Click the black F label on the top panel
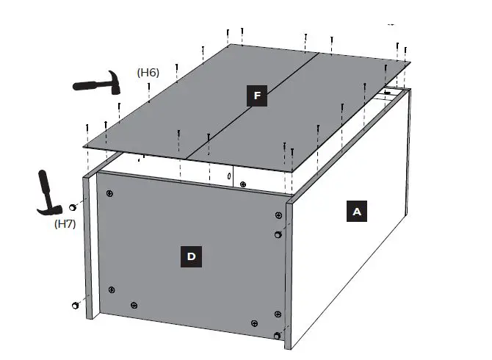(256, 96)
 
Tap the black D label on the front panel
(191, 256)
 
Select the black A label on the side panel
(357, 212)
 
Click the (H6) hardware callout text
(148, 72)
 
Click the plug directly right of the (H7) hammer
(73, 207)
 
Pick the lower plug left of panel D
(75, 305)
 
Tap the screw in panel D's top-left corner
(109, 193)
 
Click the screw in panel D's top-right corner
(278, 215)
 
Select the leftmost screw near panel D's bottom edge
(112, 290)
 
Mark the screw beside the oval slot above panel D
(243, 184)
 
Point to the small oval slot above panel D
(229, 177)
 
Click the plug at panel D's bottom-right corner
(277, 336)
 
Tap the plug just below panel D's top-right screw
(278, 234)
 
